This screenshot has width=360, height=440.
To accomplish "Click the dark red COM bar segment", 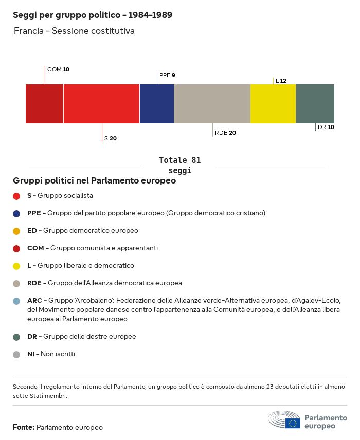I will click(x=45, y=104).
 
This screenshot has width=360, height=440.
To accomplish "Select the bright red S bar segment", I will click(x=101, y=104).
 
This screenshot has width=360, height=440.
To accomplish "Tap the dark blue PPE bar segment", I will click(x=157, y=104).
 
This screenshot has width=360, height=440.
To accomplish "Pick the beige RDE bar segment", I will click(x=212, y=104).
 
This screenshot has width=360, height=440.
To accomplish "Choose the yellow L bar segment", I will click(x=273, y=104).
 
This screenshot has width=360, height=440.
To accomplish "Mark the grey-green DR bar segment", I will click(x=315, y=104).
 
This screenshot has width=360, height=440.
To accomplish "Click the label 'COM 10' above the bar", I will click(x=58, y=69).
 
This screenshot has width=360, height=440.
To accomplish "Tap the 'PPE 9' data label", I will click(x=167, y=75).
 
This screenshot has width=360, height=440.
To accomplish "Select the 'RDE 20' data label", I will click(x=225, y=133).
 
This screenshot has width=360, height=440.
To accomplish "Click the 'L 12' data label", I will click(x=281, y=81).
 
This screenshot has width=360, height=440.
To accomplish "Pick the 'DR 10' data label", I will click(x=326, y=127).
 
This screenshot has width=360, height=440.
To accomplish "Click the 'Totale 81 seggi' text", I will click(x=179, y=165).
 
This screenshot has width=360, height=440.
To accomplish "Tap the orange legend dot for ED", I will click(x=16, y=231).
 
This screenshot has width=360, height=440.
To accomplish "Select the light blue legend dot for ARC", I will click(x=16, y=301).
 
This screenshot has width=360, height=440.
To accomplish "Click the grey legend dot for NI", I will click(x=16, y=354).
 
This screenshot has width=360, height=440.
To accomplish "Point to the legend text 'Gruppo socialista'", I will click(x=65, y=196).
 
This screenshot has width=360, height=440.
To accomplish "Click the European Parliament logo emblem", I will click(x=284, y=420).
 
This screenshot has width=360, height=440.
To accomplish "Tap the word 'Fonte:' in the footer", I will click(x=24, y=427).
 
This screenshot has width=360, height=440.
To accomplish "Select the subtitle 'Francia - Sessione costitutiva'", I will click(x=74, y=31).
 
